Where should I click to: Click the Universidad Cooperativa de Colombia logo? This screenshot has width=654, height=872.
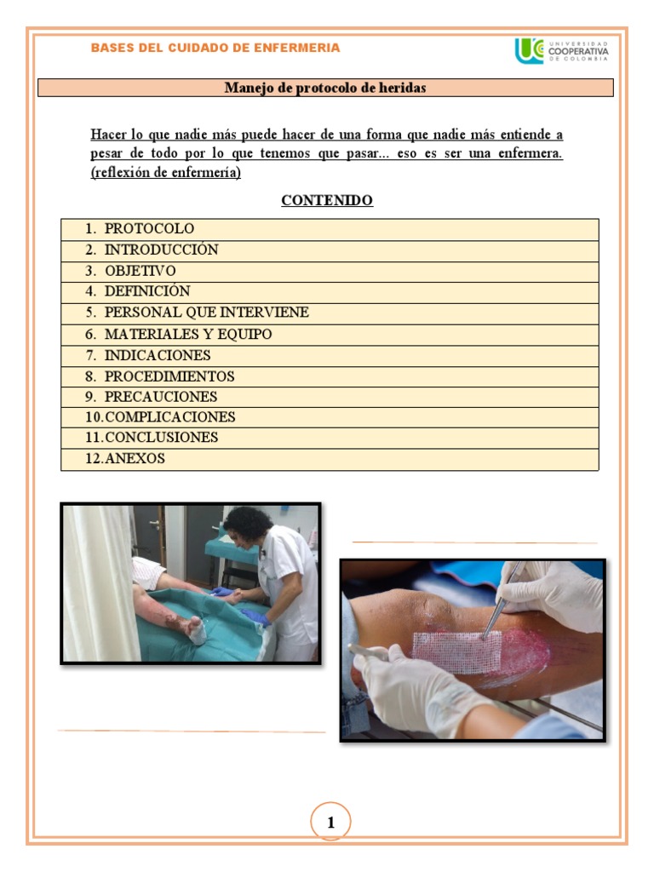[561, 50]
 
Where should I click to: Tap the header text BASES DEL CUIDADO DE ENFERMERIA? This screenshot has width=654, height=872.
[215, 48]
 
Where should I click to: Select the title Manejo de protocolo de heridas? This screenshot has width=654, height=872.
[324, 88]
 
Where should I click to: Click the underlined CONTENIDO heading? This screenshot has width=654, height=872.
[327, 201]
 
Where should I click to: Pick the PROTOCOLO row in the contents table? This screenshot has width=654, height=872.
[149, 229]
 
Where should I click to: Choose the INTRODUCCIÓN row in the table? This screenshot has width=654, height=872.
[161, 250]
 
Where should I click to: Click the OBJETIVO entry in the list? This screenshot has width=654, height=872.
[140, 271]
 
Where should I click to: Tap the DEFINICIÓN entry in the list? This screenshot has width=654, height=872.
[146, 291]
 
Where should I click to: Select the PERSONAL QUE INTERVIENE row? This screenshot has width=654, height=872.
[206, 313]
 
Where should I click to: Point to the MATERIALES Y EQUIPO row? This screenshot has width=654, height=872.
[187, 335]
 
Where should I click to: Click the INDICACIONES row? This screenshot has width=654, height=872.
[157, 355]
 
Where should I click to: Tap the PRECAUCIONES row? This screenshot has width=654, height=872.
[160, 397]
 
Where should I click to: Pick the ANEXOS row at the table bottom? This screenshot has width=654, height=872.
[134, 459]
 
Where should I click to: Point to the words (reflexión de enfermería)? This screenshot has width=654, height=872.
[166, 172]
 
